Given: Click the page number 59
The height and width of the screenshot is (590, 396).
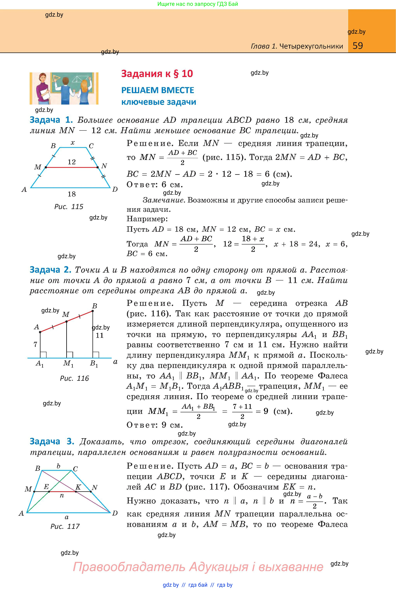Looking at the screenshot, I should (x=358, y=46).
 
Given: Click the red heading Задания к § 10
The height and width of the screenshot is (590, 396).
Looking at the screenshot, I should (x=157, y=74).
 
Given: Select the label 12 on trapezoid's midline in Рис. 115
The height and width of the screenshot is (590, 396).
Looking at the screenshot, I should (x=72, y=162).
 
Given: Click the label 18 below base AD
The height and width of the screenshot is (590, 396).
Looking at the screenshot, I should (x=72, y=194).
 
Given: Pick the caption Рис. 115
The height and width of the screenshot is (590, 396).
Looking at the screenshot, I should (x=69, y=207).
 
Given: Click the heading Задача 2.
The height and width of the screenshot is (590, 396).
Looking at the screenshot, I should (x=51, y=270).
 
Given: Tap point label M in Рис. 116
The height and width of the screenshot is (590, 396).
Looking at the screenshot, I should (x=66, y=314).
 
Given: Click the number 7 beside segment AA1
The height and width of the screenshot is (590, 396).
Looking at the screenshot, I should (x=35, y=344).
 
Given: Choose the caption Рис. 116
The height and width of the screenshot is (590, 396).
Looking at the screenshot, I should (x=74, y=378).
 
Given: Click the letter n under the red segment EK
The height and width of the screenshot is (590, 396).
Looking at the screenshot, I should (x=62, y=496).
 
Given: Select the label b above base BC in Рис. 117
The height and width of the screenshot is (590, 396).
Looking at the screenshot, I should (x=58, y=466).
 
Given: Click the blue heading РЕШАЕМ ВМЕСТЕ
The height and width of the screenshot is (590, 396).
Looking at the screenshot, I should (x=158, y=90).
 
